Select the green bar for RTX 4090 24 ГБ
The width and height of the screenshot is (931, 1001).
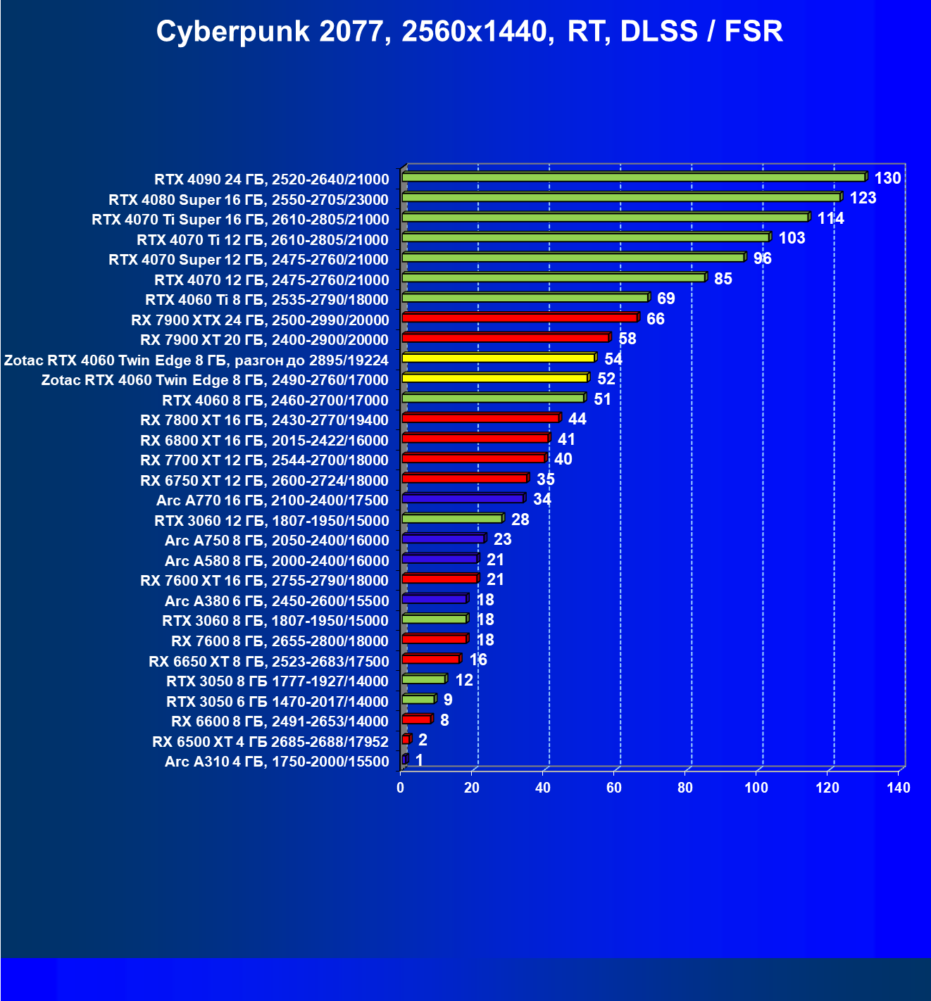point(634,177)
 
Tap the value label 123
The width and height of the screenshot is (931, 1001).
point(863,198)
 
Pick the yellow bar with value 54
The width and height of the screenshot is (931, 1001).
point(499,358)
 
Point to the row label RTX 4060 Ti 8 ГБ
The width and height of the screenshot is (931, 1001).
point(267,300)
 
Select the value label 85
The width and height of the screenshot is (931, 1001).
point(723,279)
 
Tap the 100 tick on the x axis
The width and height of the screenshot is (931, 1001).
point(756,788)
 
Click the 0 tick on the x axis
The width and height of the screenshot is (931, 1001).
point(401,788)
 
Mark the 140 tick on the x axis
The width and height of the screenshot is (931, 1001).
point(899,788)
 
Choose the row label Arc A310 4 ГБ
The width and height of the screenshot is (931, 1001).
point(277,762)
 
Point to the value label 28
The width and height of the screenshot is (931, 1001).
point(520,520)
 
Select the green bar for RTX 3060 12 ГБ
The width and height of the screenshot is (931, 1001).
point(452,519)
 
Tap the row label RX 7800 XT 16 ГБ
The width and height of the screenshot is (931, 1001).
point(264,420)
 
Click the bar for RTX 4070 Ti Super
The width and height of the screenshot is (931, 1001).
point(606,218)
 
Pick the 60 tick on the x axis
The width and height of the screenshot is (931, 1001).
point(614,788)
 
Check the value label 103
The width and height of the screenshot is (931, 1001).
point(792,238)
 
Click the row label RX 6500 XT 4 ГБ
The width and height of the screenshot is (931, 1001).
point(270,742)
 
